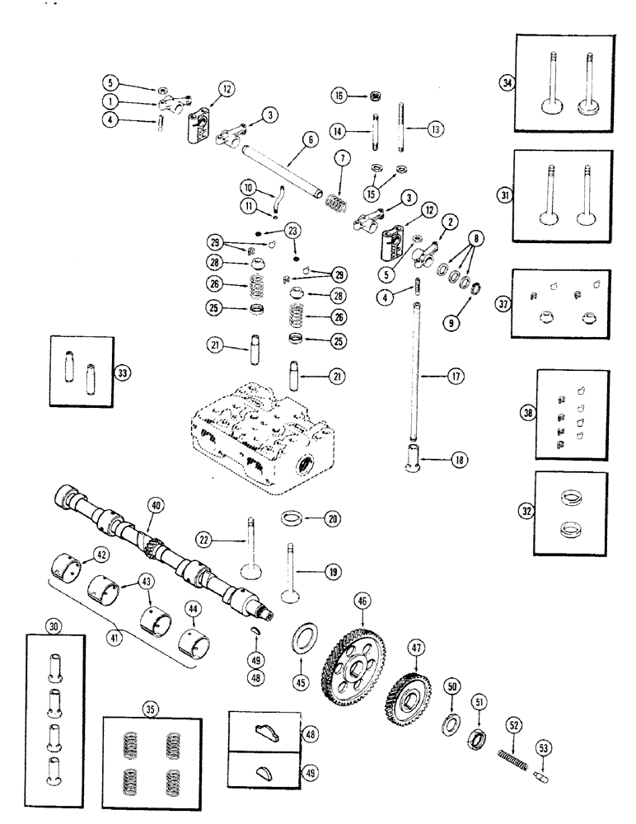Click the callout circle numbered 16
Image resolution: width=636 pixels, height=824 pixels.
click(338, 96)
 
